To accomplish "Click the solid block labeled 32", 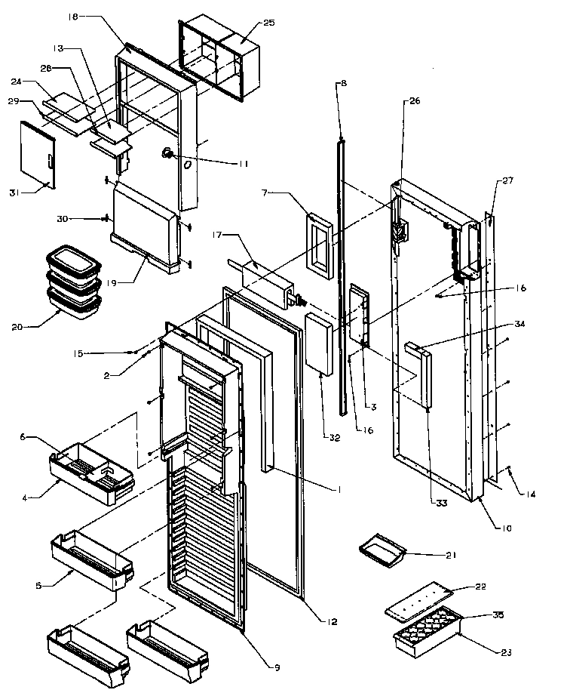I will pyautogui.click(x=320, y=343).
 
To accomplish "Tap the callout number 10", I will pyautogui.click(x=507, y=528).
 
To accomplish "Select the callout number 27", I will pyautogui.click(x=507, y=180).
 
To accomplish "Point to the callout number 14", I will pyautogui.click(x=532, y=494).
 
